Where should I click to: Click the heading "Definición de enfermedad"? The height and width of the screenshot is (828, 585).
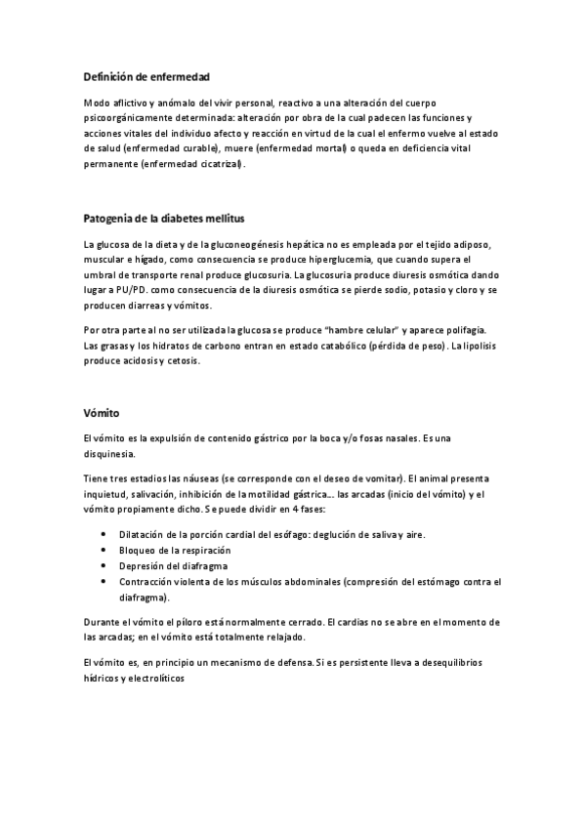pos(146,76)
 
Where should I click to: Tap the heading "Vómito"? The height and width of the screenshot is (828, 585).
pos(102,414)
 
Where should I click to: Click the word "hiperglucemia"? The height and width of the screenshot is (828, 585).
pos(356,260)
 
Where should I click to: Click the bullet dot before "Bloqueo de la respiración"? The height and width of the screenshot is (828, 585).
pos(104,551)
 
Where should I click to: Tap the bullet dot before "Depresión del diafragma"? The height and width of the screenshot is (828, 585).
pos(104,565)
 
